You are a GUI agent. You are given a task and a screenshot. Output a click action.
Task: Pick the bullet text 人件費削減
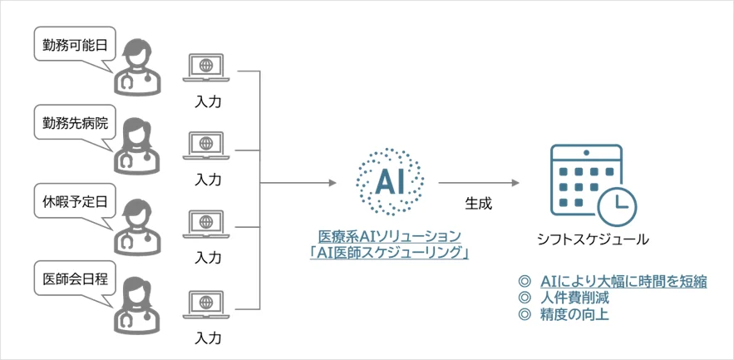coord(574,297)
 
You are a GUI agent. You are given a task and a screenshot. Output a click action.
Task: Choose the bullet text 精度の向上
coord(574,314)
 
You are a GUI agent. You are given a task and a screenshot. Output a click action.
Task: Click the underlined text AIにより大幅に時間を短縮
coord(623,281)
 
